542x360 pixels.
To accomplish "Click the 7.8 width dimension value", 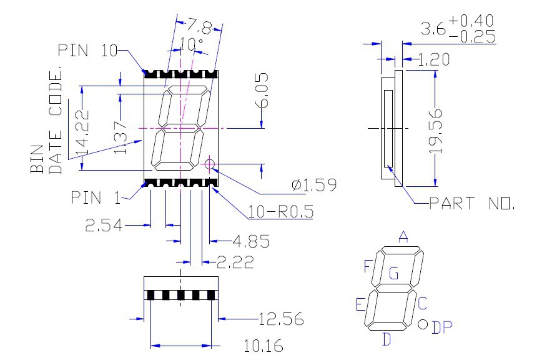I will (199, 26).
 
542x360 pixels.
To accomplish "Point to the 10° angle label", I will (191, 44).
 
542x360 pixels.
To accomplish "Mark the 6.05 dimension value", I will (262, 91).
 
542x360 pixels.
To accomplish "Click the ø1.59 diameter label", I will (313, 185).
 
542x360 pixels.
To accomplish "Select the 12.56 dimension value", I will (281, 320).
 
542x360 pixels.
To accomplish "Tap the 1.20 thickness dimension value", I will (435, 60).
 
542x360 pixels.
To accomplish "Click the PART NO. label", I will (471, 203).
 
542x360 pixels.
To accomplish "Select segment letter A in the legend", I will (403, 237).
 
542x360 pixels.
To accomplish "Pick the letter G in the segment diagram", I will (393, 273).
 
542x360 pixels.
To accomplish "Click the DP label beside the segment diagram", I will (443, 327).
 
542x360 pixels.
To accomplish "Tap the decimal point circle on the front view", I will (210, 165).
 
